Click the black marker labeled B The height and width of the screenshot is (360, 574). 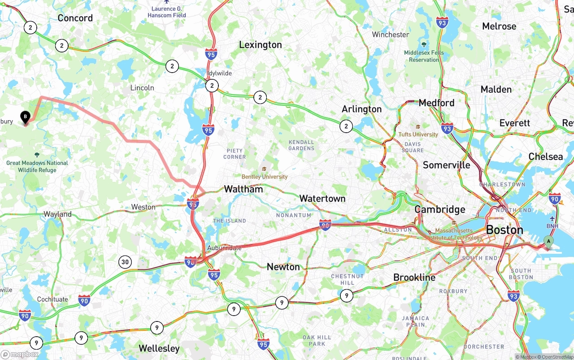click(x=26, y=117)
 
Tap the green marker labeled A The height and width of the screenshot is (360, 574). click(x=548, y=242)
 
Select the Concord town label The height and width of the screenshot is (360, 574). click(x=75, y=18)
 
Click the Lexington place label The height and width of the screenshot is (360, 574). click(x=260, y=45)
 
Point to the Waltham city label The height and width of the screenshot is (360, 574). click(x=243, y=189)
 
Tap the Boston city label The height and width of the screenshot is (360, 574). click(x=504, y=230)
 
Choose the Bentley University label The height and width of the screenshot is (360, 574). click(x=265, y=177)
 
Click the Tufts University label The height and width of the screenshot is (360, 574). click(x=418, y=134)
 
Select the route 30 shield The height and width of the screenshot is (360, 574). click(x=125, y=262)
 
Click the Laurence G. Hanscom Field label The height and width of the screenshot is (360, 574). click(x=167, y=12)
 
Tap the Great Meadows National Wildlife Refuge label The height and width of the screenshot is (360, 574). click(x=37, y=166)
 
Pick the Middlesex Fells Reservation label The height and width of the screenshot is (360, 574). click(x=424, y=56)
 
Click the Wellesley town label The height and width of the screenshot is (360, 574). click(x=159, y=348)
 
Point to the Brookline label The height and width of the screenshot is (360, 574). click(x=414, y=278)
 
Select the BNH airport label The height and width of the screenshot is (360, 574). click(x=552, y=226)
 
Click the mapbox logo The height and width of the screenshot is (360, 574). click(x=20, y=354)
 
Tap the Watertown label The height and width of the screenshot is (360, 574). click(x=322, y=199)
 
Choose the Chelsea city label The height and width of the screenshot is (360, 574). click(x=545, y=157)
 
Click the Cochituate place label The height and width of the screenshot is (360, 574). click(x=52, y=299)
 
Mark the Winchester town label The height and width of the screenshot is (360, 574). click(x=390, y=35)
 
